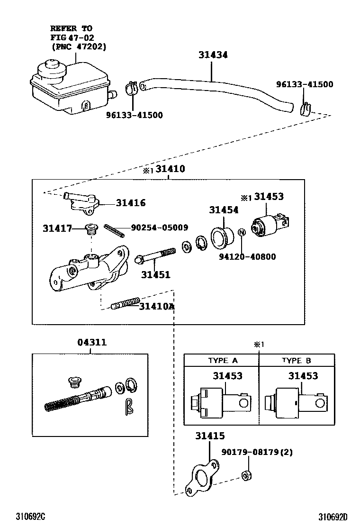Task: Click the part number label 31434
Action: (x=213, y=55)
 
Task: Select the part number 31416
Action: (x=131, y=203)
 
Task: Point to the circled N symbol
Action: (x=241, y=232)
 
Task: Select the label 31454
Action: (x=224, y=210)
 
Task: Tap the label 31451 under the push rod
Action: (x=155, y=274)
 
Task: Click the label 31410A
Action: (x=156, y=307)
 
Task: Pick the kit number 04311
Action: (x=92, y=343)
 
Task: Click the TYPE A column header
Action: (x=223, y=360)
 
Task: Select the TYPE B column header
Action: (x=297, y=360)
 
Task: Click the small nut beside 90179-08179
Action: (x=245, y=475)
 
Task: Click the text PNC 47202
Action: (x=79, y=46)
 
